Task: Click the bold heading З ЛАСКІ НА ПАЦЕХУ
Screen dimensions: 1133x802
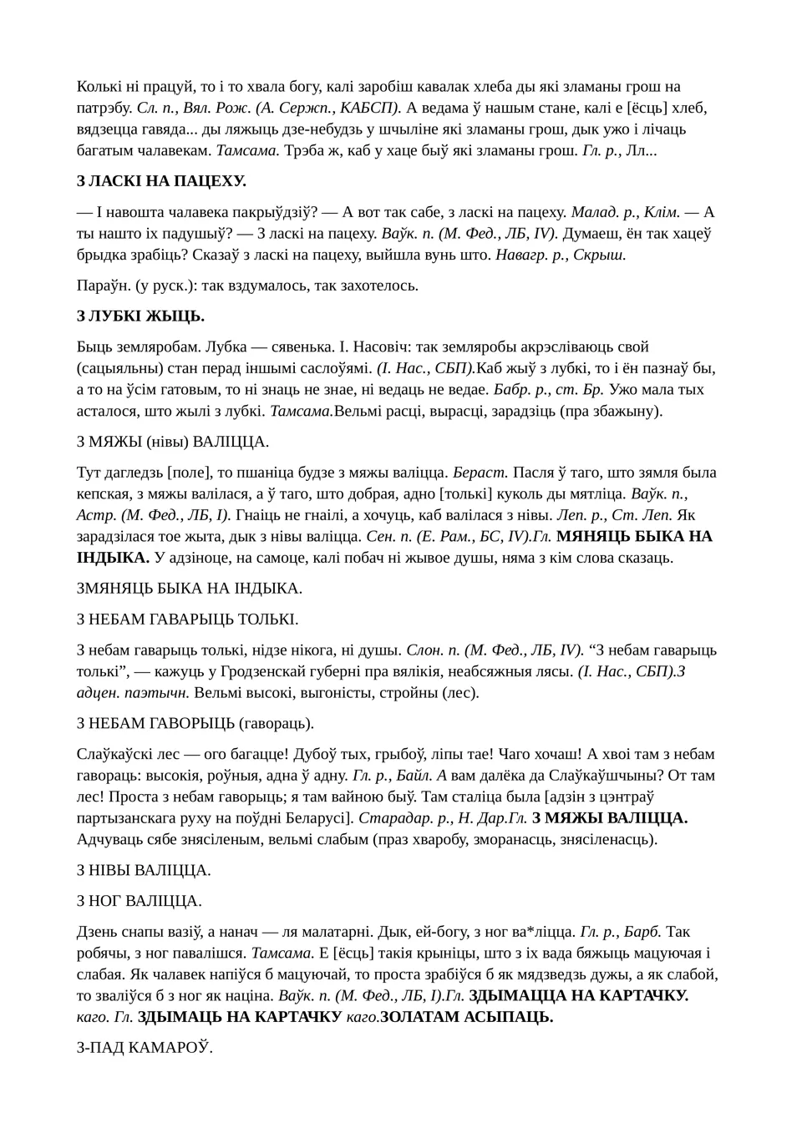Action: coord(161,181)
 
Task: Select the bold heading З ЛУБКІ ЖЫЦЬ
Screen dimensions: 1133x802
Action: coord(140,316)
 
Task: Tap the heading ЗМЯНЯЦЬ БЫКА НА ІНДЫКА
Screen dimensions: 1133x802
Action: coord(189,588)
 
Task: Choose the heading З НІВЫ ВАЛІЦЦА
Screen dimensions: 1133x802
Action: coord(144,870)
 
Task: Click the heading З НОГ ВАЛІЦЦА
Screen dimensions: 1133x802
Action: coord(140,901)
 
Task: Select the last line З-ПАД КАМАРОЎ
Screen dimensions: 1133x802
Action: coord(145,1047)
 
